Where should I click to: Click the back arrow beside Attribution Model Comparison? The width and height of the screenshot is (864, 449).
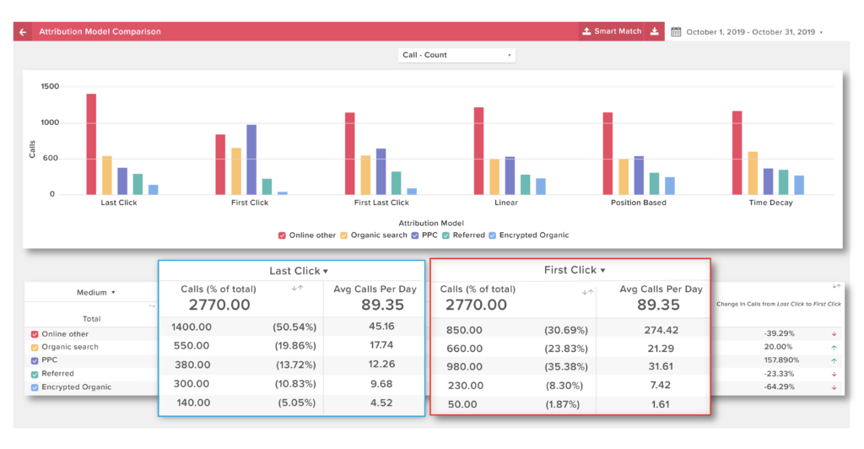coord(23,31)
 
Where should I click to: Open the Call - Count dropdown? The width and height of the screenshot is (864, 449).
coord(456,55)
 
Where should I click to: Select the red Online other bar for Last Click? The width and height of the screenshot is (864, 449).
coord(91,143)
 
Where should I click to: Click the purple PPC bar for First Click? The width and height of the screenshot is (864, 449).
coord(251,160)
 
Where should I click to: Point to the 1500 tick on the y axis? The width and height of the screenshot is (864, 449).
coord(50,86)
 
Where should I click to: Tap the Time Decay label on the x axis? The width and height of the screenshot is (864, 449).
coord(769,203)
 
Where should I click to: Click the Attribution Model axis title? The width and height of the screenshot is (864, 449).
coord(431,222)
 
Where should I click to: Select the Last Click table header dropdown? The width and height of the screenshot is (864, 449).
coord(299,271)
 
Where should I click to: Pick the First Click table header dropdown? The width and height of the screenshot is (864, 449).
coord(574,270)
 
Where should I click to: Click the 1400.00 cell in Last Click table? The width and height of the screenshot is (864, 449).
coord(191,327)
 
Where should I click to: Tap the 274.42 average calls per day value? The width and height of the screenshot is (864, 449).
coord(659,330)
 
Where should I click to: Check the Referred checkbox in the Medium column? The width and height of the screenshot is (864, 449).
coord(34,374)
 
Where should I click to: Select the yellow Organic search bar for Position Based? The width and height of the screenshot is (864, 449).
coord(624,176)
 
